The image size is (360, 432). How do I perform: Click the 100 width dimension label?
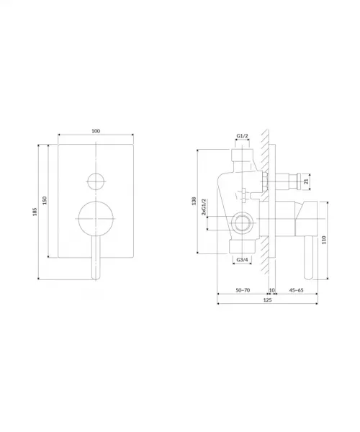(96, 131)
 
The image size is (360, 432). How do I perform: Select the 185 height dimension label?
(35, 212)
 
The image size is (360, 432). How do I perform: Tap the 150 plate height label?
(45, 200)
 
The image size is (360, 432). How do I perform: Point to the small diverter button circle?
(96, 181)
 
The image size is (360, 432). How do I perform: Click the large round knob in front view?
(96, 219)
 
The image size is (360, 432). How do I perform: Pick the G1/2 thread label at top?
(243, 136)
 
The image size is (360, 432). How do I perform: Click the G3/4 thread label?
(243, 260)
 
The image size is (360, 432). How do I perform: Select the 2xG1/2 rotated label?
(204, 207)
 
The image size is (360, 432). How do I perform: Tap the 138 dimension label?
(194, 201)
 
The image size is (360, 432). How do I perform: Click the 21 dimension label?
(307, 181)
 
